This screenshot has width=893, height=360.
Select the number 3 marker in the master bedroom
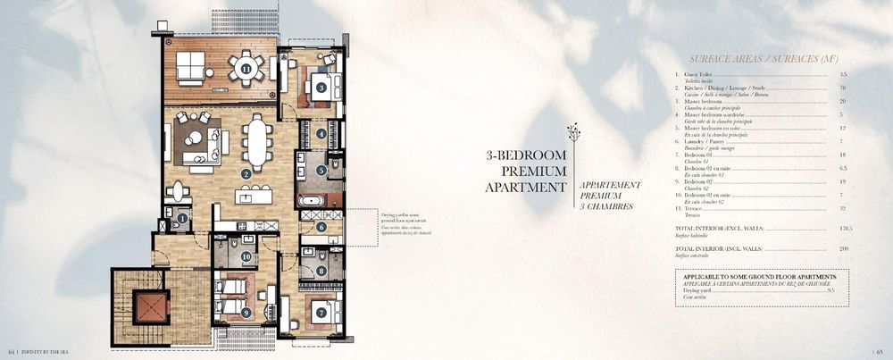point(321,88)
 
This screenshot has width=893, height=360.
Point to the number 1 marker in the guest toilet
point(182,217)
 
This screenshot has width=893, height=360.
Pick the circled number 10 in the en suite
point(246,257)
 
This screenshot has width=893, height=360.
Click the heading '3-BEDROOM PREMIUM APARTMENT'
point(526,171)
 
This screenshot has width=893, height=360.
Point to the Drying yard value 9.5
point(830,291)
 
